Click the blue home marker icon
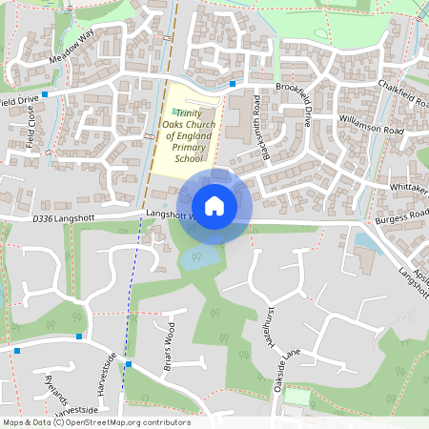(214, 205)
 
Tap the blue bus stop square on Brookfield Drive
(232, 85)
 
